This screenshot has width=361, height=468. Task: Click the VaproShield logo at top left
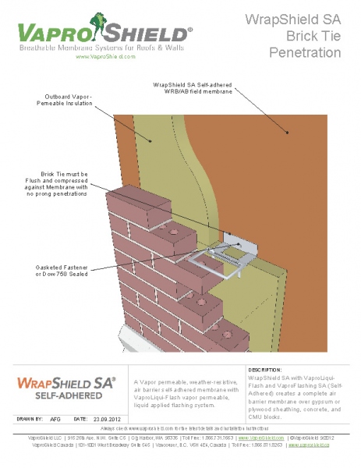point(101,33)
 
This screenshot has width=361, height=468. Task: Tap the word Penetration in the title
point(305,53)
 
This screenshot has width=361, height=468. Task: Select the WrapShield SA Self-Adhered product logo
point(66,387)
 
